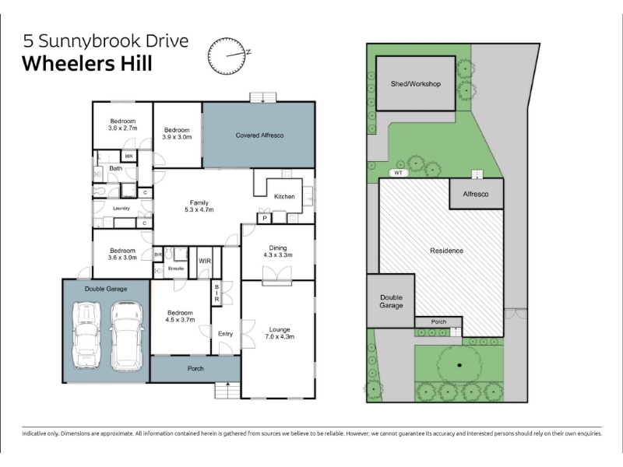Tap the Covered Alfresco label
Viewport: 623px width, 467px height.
259,135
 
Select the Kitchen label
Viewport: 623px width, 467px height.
284,197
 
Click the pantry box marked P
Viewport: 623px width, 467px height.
265,218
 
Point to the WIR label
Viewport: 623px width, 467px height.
205,261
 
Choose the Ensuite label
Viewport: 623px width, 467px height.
176,269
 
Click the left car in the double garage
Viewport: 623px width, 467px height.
86,335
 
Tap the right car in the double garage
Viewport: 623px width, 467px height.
126,336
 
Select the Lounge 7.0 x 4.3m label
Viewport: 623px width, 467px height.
280,333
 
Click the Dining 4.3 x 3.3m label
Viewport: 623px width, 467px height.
278,251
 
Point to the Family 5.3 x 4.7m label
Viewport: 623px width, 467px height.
199,206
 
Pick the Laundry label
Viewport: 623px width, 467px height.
121,208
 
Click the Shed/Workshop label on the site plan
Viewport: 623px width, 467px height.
416,84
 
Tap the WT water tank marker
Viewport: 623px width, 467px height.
399,173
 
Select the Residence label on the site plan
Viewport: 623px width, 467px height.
446,251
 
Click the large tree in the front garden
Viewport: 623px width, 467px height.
459,365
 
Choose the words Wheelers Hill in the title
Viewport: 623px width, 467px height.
87,64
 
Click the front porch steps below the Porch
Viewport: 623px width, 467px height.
227,391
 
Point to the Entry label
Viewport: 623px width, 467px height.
225,334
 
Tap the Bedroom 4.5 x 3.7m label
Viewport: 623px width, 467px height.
180,316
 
